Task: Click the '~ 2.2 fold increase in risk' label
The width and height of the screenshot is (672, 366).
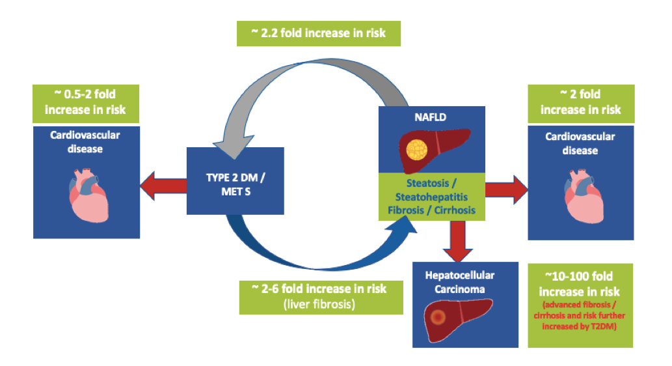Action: point(318,33)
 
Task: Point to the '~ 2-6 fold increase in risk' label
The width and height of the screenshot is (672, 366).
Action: point(318,288)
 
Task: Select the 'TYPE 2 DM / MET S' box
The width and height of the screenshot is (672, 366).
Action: point(235,180)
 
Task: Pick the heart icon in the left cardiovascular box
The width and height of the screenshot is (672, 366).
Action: point(85,196)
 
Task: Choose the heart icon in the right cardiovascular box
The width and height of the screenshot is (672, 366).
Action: point(580,195)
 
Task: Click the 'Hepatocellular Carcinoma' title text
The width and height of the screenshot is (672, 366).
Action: point(455,281)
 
